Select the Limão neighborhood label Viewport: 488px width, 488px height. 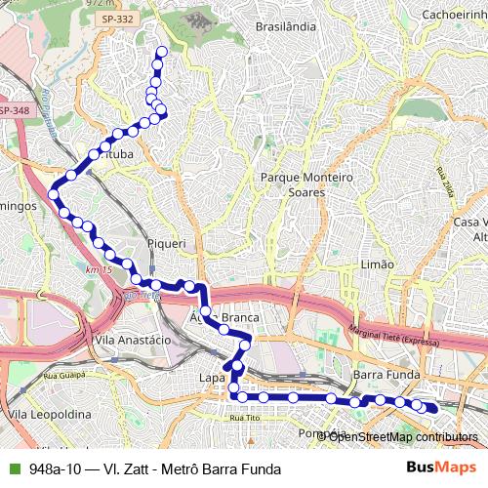[x=377, y=264]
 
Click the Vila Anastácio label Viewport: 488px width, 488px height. [x=133, y=339]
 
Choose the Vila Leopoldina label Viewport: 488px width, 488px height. [x=43, y=414]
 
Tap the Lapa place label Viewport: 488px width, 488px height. [x=212, y=377]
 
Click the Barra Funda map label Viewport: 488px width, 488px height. [x=382, y=375]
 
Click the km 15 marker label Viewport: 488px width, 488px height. [x=100, y=269]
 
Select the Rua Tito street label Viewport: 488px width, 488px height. [x=243, y=417]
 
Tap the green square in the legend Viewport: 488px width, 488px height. [x=11, y=468]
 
